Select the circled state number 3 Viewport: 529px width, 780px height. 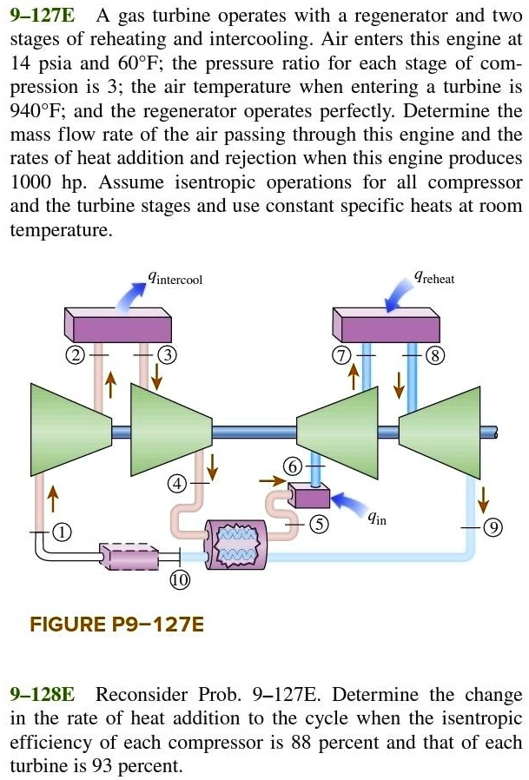169,354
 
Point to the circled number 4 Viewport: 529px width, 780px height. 177,483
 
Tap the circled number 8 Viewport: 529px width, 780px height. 435,354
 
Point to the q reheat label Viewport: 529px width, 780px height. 433,279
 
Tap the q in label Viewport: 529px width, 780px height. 376,519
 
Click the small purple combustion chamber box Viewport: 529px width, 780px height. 309,497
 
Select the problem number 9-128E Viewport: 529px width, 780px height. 42,695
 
